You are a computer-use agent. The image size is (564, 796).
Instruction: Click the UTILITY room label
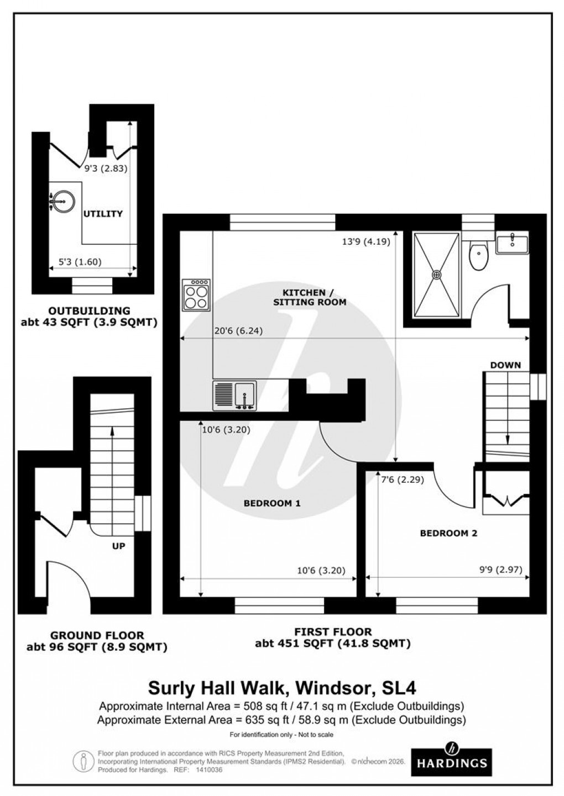pos(103,214)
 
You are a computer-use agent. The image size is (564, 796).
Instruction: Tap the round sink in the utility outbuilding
pos(61,202)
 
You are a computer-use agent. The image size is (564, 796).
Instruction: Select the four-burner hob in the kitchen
pos(196,295)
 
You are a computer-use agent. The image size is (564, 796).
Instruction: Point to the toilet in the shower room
pos(477,256)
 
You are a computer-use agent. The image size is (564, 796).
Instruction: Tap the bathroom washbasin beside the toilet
pos(512,243)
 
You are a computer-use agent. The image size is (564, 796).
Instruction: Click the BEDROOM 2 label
pos(448,533)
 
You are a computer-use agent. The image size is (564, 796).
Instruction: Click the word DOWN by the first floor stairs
pos(505,365)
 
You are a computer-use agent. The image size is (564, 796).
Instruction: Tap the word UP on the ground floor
pos(118,546)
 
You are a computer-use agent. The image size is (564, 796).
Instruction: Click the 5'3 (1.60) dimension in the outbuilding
pos(80,262)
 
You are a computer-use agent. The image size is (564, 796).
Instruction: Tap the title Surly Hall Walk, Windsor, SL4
pos(282,688)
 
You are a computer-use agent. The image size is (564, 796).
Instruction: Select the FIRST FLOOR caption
pos(332,631)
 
